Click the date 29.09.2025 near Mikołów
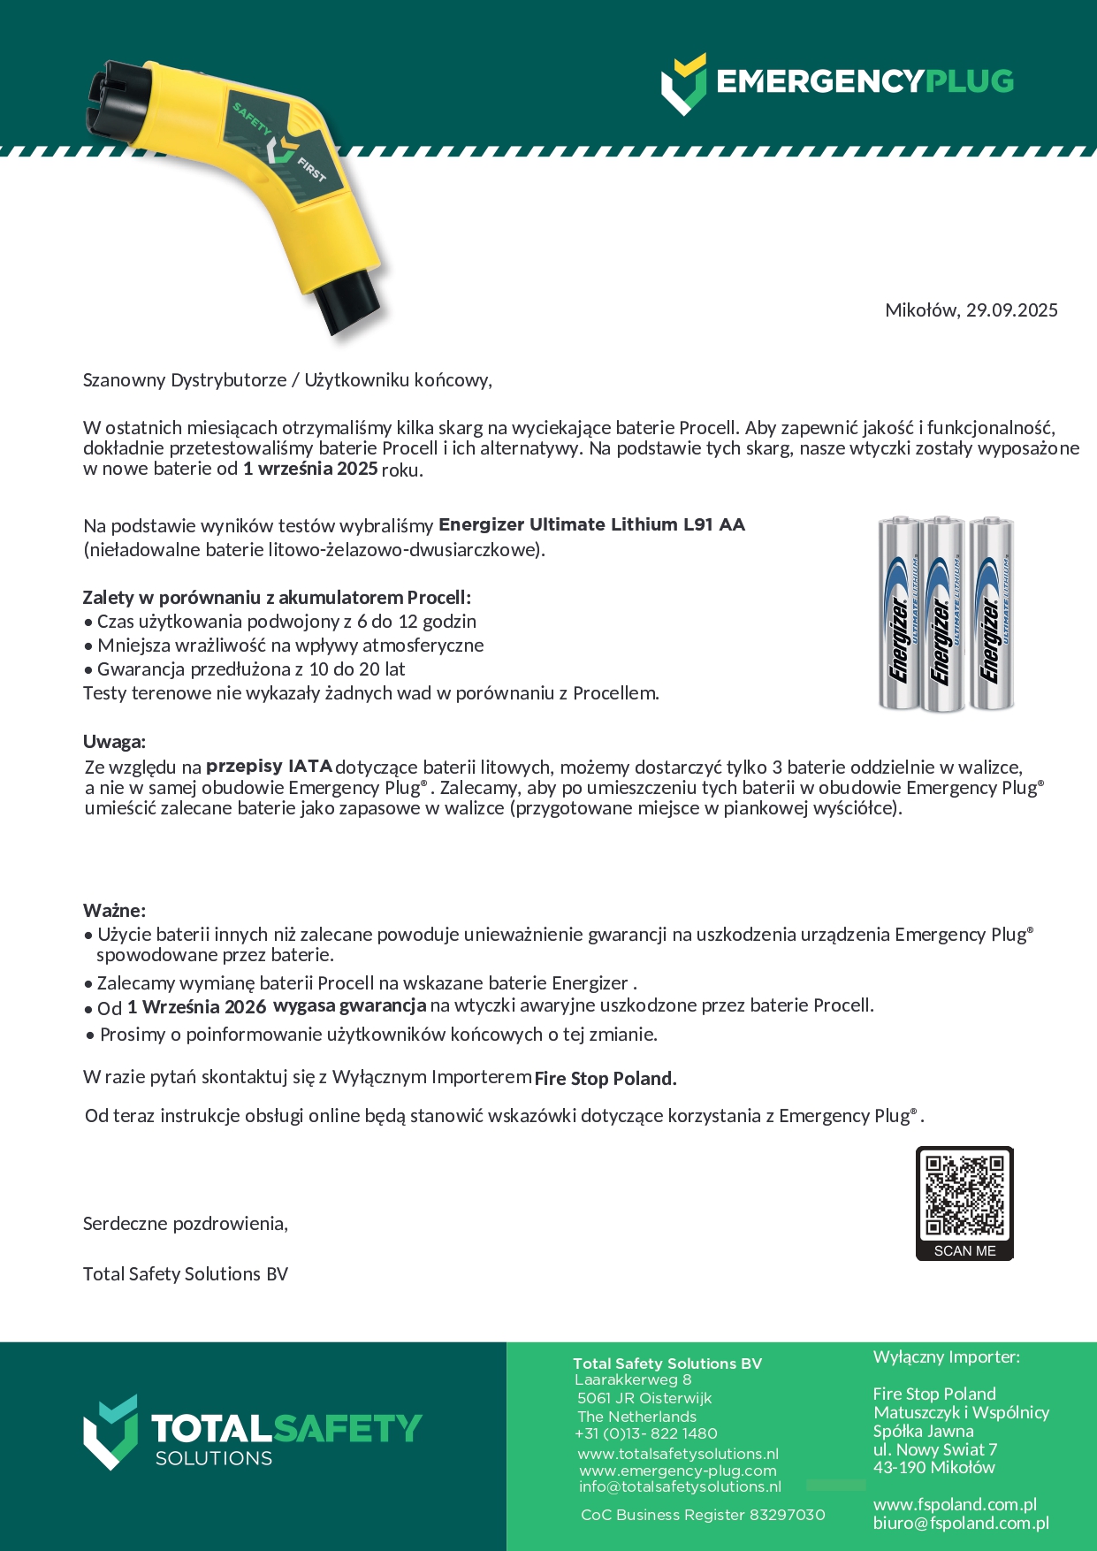1011,310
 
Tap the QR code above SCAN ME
964,1195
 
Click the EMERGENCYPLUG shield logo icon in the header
684,84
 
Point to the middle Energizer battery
942,615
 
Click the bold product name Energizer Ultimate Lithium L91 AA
591,524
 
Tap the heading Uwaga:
114,741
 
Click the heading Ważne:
114,910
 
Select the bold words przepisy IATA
269,766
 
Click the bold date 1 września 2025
310,469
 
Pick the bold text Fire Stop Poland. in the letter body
606,1078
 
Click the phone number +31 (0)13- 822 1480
646,1433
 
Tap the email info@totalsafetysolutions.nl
680,1486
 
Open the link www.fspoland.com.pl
955,1504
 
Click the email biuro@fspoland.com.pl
961,1523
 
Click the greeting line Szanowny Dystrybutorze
184,380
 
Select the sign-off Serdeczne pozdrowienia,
185,1224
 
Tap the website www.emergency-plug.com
678,1471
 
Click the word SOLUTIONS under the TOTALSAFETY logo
214,1458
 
